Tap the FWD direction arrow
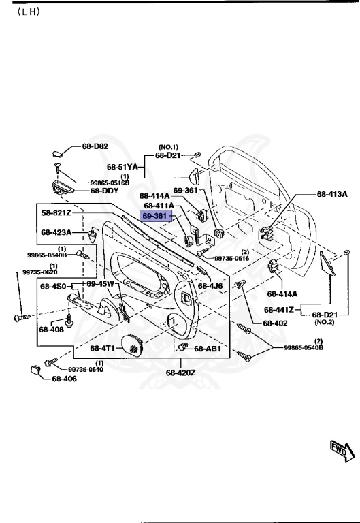pyautogui.click(x=338, y=449)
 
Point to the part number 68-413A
pyautogui.click(x=332, y=194)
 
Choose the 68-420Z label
pyautogui.click(x=180, y=373)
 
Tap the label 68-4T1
pyautogui.click(x=103, y=348)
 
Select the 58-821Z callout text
pyautogui.click(x=56, y=213)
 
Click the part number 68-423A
pyautogui.click(x=56, y=232)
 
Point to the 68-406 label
pyautogui.click(x=65, y=379)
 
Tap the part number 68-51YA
pyautogui.click(x=122, y=166)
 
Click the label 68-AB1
pyautogui.click(x=208, y=349)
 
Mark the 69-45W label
pyautogui.click(x=101, y=283)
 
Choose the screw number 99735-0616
pyautogui.click(x=231, y=259)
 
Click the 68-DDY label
pyautogui.click(x=104, y=191)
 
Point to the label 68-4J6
pyautogui.click(x=210, y=286)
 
